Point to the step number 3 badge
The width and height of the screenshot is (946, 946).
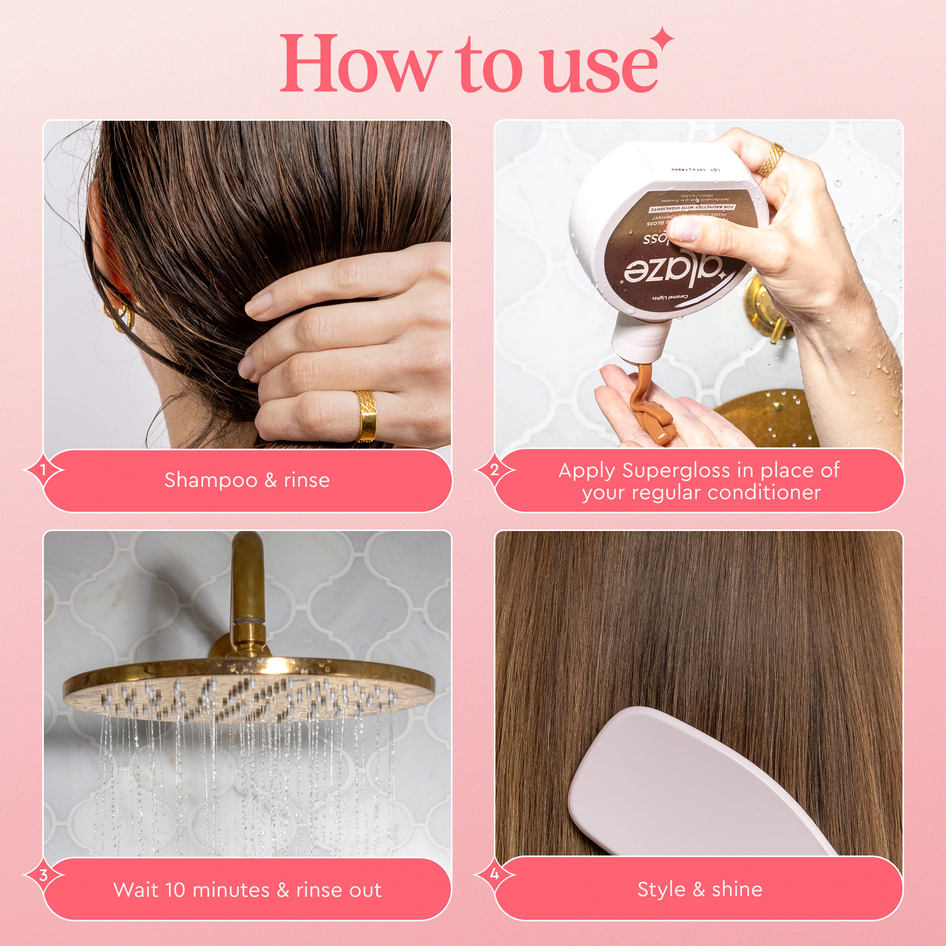tap(43, 875)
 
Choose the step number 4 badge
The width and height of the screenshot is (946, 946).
tap(494, 874)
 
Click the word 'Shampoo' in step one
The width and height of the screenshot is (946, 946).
tap(211, 480)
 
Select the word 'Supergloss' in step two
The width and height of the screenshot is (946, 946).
tap(676, 470)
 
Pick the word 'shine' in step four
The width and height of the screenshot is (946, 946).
tap(737, 889)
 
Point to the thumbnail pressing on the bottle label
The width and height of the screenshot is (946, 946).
tap(685, 229)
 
